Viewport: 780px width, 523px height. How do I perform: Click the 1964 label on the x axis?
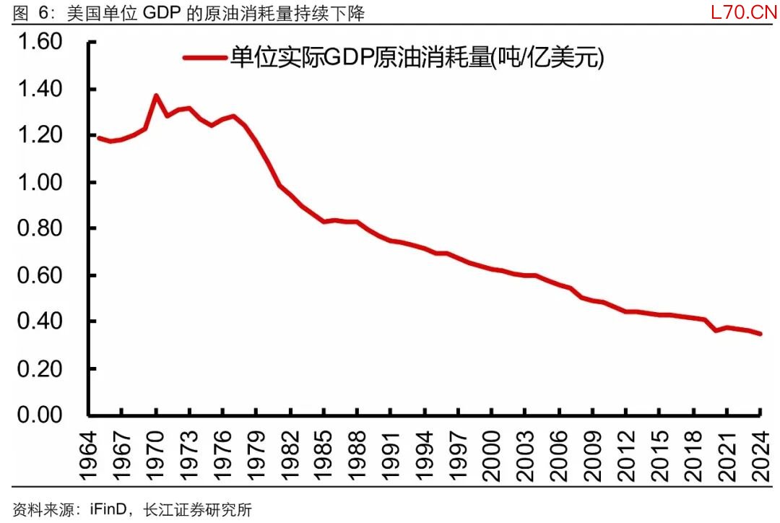pyautogui.click(x=87, y=455)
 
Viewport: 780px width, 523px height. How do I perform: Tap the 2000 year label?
pyautogui.click(x=492, y=455)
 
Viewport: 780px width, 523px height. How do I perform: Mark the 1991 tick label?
pyautogui.click(x=391, y=455)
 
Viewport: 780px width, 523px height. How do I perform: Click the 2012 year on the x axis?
pyautogui.click(x=626, y=455)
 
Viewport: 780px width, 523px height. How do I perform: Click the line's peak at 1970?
pyautogui.click(x=156, y=95)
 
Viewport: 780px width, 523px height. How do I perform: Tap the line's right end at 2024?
pyautogui.click(x=760, y=334)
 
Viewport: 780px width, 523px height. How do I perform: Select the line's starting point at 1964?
pyautogui.click(x=98, y=138)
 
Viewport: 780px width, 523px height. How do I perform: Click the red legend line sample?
pyautogui.click(x=204, y=59)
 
